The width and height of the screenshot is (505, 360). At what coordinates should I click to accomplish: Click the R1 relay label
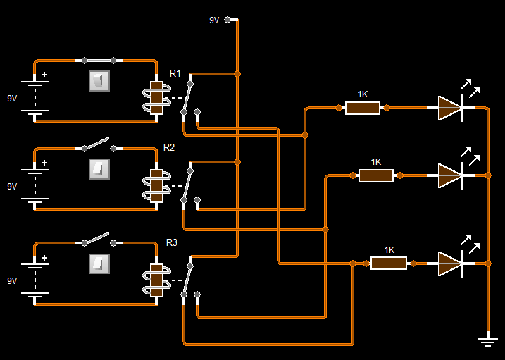pyautogui.click(x=175, y=73)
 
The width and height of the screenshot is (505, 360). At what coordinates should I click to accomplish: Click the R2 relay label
pyautogui.click(x=169, y=147)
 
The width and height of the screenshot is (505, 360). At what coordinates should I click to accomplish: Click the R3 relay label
pyautogui.click(x=172, y=242)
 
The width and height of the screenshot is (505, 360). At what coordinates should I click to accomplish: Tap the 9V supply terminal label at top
pyautogui.click(x=214, y=20)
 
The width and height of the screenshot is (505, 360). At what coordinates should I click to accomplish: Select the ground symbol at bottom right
pyautogui.click(x=487, y=341)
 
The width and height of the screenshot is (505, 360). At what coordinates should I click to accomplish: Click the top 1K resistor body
pyautogui.click(x=362, y=108)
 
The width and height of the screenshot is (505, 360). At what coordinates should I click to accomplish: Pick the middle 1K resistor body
pyautogui.click(x=375, y=175)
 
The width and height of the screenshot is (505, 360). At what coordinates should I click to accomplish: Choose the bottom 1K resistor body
pyautogui.click(x=389, y=263)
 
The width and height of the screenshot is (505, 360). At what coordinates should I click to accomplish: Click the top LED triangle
pyautogui.click(x=449, y=108)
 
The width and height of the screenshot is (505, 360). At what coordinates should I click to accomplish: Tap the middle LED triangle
pyautogui.click(x=449, y=175)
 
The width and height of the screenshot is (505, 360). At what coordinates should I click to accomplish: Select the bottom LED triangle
pyautogui.click(x=449, y=263)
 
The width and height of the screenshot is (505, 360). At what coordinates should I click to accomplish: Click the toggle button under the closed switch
pyautogui.click(x=99, y=81)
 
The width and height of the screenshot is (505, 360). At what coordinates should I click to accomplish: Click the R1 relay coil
pyautogui.click(x=156, y=97)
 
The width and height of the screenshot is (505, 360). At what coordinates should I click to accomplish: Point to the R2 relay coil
pyautogui.click(x=156, y=186)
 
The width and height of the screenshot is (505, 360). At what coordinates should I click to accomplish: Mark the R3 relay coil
pyautogui.click(x=156, y=280)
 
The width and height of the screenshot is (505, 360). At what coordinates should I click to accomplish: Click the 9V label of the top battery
pyautogui.click(x=12, y=98)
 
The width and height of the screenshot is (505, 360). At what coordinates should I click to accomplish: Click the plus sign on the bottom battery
pyautogui.click(x=44, y=258)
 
